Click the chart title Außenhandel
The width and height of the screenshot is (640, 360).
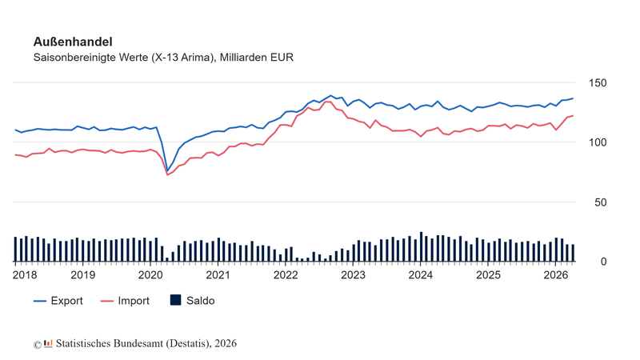click(x=73, y=42)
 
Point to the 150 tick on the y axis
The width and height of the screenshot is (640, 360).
click(x=598, y=83)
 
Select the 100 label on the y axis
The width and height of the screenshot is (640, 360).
click(x=598, y=142)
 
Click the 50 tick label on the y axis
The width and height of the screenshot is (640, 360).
click(x=601, y=202)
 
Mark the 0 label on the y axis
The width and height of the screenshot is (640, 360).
click(x=604, y=262)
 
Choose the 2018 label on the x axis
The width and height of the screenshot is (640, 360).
click(x=25, y=275)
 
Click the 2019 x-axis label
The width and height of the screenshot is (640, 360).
click(x=83, y=275)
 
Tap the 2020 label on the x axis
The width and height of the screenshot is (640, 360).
click(x=150, y=275)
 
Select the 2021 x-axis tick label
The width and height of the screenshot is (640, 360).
click(x=218, y=275)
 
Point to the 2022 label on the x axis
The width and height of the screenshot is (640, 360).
click(x=286, y=275)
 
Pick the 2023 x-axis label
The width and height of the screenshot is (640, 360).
click(x=353, y=275)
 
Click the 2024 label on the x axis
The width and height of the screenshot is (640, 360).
click(x=421, y=275)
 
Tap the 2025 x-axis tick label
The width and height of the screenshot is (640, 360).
click(x=488, y=275)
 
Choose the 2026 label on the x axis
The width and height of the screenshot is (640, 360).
click(x=556, y=275)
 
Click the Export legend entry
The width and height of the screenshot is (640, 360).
click(x=58, y=301)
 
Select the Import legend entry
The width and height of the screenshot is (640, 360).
click(x=125, y=301)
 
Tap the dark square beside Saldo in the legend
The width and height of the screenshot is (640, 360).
click(x=175, y=300)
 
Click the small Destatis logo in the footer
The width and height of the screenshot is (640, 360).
click(x=48, y=343)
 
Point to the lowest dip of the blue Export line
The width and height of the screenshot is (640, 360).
click(x=167, y=171)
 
